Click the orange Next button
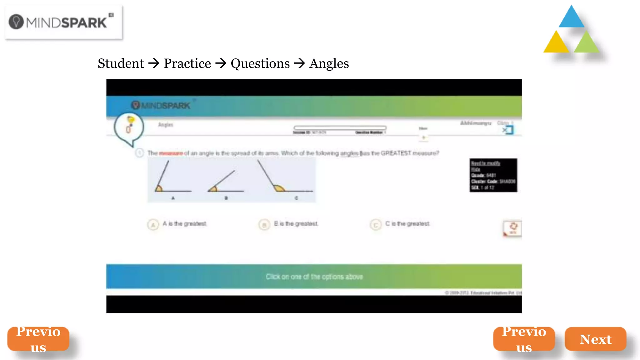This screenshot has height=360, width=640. (x=595, y=339)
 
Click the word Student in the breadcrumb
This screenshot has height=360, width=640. (x=121, y=63)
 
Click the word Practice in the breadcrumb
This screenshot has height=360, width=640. (x=187, y=63)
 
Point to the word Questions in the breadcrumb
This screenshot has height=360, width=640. (x=260, y=63)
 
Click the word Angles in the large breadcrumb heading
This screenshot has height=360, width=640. (x=329, y=63)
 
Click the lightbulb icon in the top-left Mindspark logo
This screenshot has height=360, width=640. (x=16, y=22)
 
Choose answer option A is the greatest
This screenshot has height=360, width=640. (x=153, y=224)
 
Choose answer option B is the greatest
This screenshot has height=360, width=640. (x=264, y=224)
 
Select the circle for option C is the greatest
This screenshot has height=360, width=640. (x=375, y=224)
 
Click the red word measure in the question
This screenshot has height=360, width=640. (x=171, y=153)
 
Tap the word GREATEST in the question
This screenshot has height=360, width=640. (x=396, y=153)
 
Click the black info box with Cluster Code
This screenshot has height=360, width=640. (x=493, y=175)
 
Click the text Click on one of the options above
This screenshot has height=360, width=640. (x=314, y=277)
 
